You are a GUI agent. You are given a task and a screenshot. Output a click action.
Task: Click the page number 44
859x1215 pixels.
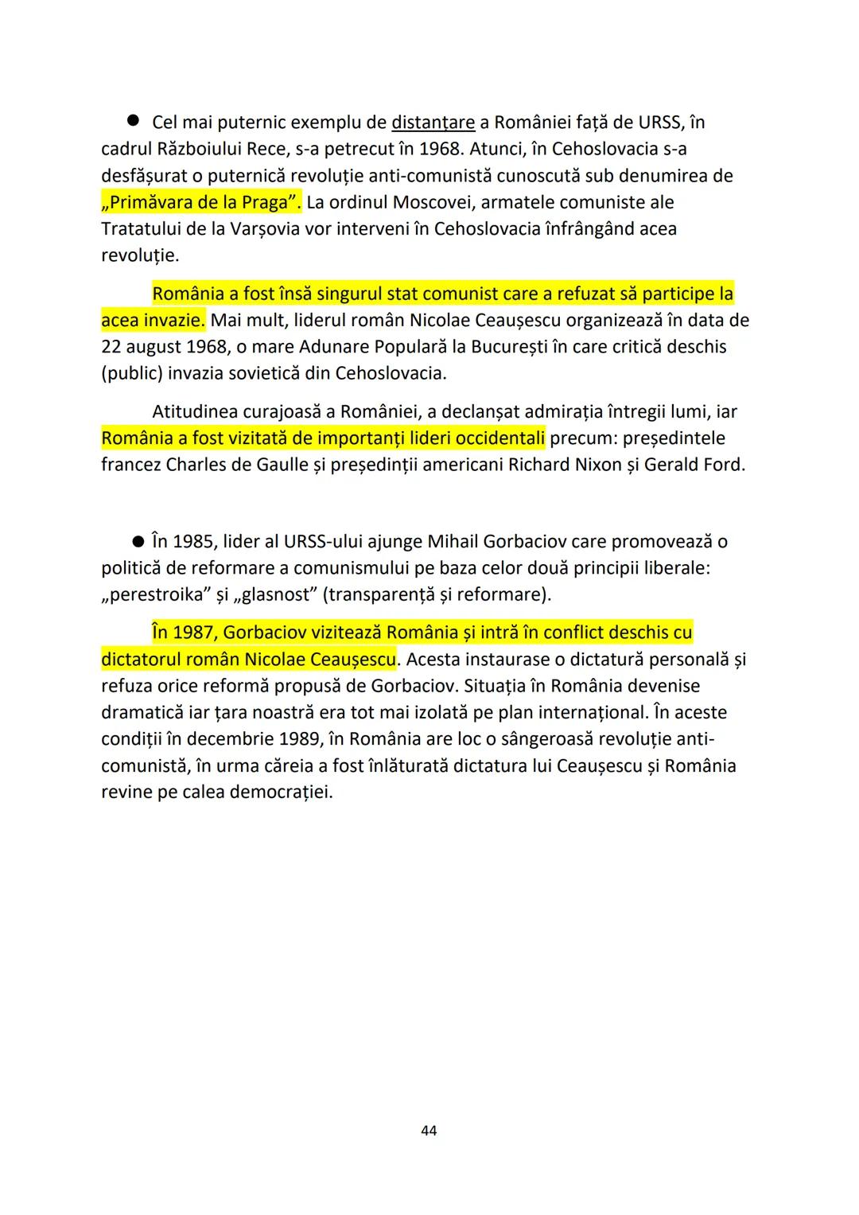coord(429,1131)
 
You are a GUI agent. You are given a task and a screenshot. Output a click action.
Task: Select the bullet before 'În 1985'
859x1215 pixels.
coord(138,541)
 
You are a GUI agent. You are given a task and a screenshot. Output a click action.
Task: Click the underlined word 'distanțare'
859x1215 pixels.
coord(433,123)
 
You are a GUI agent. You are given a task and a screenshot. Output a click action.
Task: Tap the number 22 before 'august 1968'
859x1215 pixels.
coord(111,348)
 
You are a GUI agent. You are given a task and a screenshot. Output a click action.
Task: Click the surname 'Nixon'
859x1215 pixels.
coord(597,465)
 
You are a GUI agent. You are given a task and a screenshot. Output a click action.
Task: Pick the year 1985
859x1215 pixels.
coord(193,542)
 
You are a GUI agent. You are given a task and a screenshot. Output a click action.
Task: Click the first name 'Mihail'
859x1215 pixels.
coord(457,542)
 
